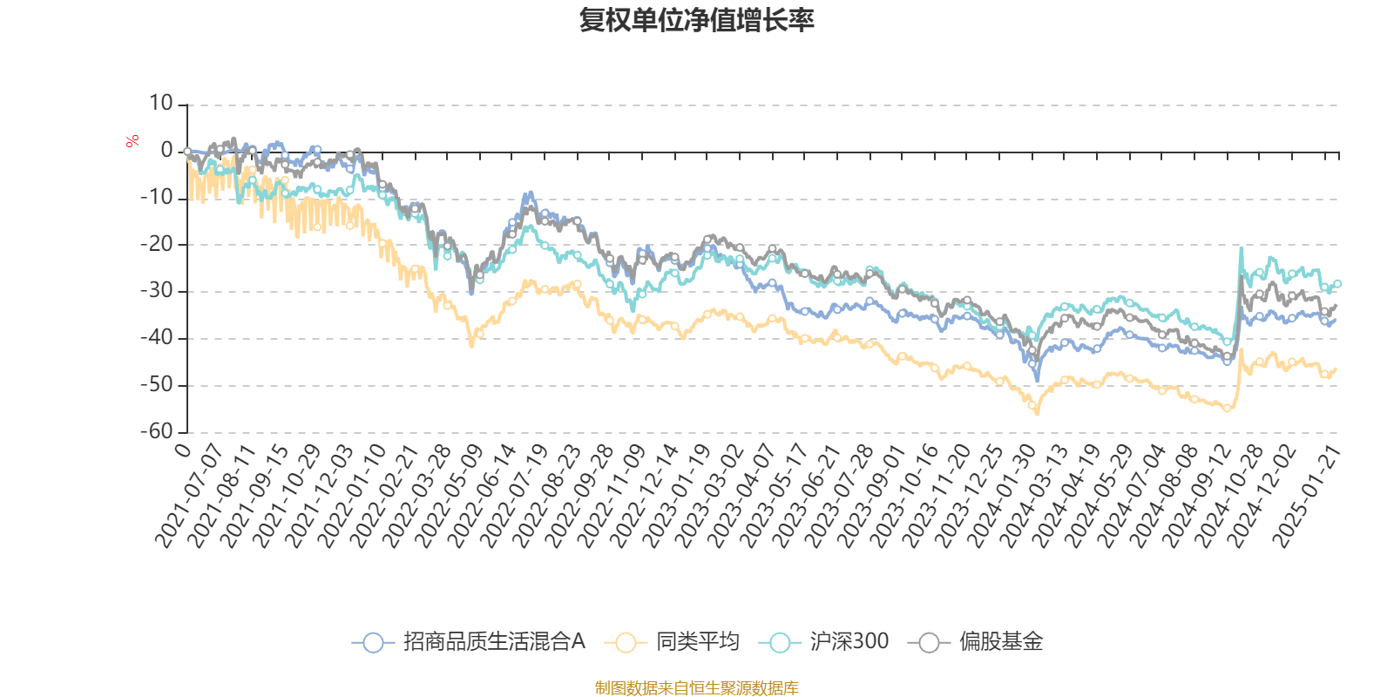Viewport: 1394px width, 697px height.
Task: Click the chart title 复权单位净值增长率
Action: [697, 20]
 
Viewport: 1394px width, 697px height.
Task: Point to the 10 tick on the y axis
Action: [160, 104]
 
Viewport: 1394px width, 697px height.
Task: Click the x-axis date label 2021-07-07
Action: [189, 496]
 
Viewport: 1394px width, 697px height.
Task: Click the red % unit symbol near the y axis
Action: [132, 141]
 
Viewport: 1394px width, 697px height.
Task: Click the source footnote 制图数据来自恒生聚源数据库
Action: [697, 688]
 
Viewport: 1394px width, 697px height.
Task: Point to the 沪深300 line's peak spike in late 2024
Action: [1241, 249]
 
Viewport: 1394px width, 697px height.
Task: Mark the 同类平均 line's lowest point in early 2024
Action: [1037, 412]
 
